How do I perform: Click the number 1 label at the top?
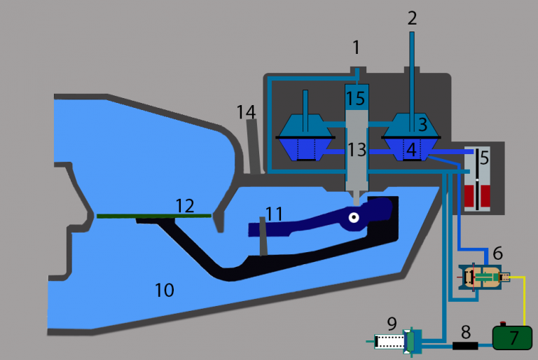coord(356,48)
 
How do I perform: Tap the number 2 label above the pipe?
coord(412,18)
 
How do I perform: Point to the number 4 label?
coord(411,148)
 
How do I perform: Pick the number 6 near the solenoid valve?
coord(497,252)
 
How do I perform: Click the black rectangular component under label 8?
coord(465,345)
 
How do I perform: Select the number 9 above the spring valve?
coord(392,324)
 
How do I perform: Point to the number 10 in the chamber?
coord(164,289)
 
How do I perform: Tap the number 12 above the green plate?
coord(184,205)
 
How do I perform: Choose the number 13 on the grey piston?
coord(357,148)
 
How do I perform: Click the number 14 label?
coord(246,111)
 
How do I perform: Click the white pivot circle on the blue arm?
coord(354,218)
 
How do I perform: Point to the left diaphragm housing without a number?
coord(305,137)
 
